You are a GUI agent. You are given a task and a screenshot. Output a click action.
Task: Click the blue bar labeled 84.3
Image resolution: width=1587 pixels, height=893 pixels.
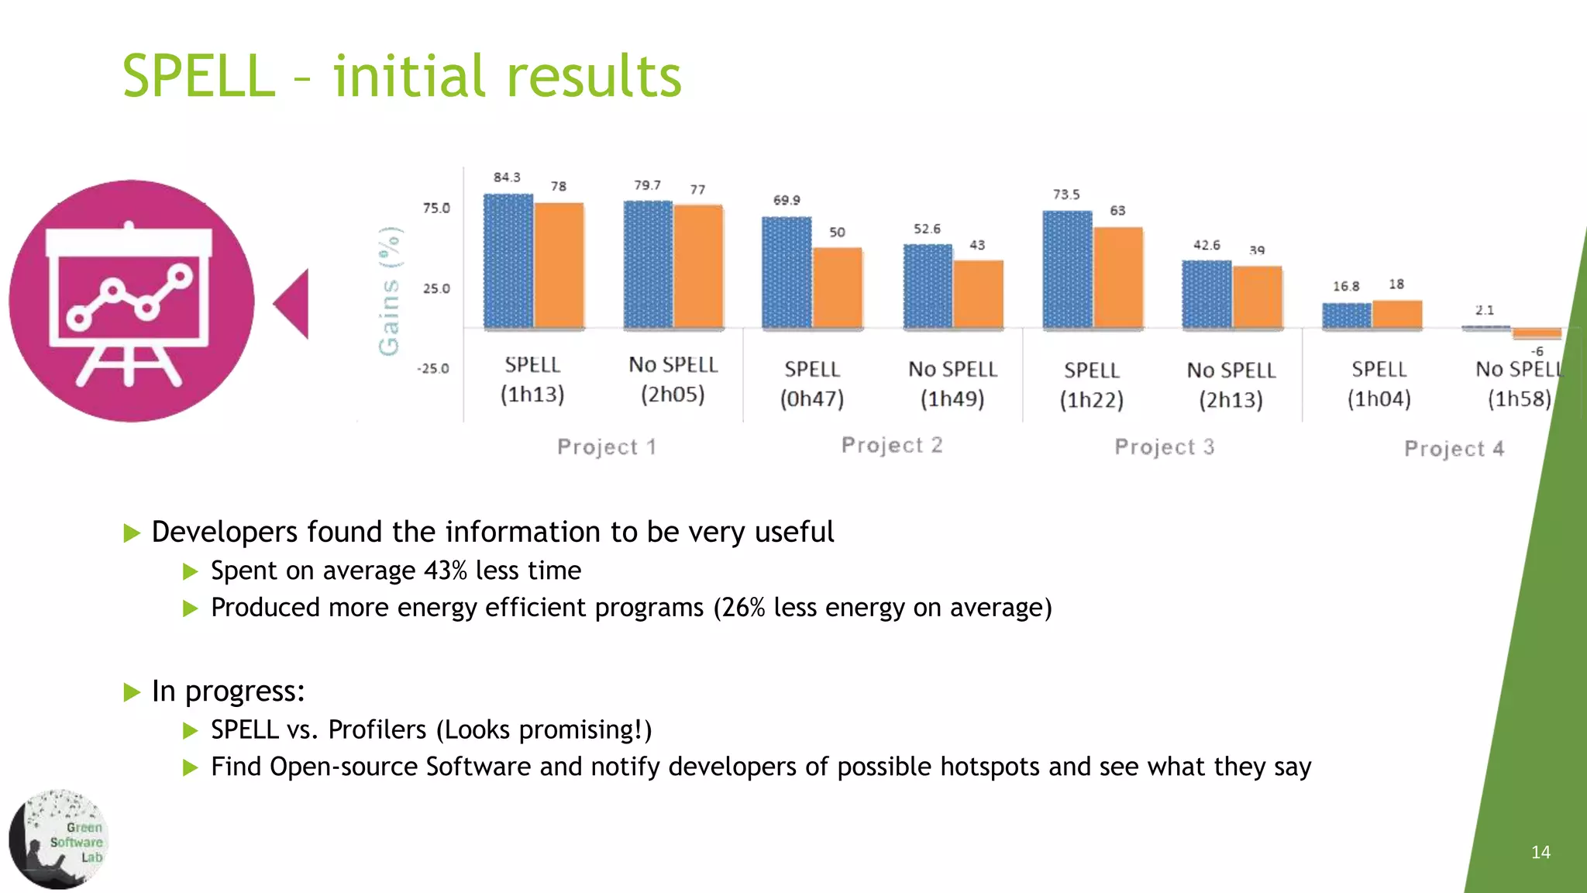[x=508, y=261]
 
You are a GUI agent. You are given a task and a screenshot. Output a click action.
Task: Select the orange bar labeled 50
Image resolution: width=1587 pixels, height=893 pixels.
[x=837, y=288]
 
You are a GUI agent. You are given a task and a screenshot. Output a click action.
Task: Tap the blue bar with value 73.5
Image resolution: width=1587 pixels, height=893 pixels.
[x=1067, y=269]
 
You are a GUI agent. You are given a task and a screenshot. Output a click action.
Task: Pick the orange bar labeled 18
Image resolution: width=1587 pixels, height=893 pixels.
[x=1396, y=314]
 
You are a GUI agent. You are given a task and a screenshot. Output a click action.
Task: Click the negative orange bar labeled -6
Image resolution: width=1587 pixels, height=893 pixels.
[x=1536, y=333]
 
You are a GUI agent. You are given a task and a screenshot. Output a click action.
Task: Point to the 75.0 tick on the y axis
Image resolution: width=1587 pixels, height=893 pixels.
[x=435, y=208]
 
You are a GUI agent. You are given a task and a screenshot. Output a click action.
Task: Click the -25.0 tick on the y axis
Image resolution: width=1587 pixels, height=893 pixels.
[x=433, y=368]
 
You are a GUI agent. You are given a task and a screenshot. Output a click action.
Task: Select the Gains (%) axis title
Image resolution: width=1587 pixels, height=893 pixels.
[x=390, y=291]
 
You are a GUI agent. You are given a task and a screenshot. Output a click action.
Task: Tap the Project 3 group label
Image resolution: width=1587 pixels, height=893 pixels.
[x=1164, y=446]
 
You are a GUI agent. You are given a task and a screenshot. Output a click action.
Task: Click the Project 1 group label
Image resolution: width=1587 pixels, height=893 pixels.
[x=606, y=446]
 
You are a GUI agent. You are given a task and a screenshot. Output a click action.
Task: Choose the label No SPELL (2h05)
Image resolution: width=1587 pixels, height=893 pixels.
[x=673, y=379]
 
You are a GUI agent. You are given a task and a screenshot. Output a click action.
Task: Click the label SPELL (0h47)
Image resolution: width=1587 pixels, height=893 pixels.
[x=811, y=384]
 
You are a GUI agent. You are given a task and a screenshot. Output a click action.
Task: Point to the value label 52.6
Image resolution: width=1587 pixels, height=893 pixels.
[x=927, y=229]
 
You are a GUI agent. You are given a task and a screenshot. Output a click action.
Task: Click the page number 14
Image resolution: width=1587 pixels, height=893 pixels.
[x=1541, y=852]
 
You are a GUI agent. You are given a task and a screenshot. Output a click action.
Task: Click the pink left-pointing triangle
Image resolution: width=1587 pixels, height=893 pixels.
[x=293, y=304]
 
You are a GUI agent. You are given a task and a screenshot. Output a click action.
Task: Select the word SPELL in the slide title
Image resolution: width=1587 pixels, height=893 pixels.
[x=199, y=77]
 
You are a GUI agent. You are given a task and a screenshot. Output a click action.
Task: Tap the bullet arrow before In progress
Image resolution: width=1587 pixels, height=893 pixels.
[x=132, y=691]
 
